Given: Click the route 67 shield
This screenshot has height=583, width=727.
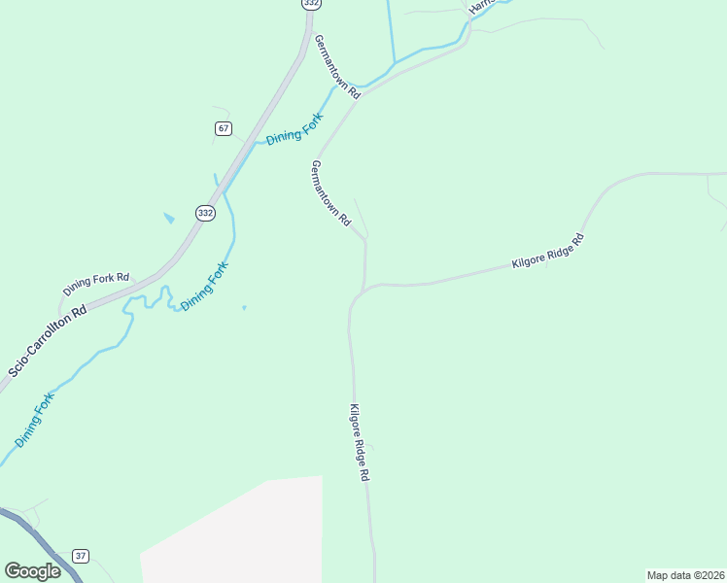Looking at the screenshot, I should click(224, 128).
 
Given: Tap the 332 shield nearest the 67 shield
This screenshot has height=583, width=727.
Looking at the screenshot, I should click(204, 213).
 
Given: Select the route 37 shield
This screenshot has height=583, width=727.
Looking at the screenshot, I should click(81, 556).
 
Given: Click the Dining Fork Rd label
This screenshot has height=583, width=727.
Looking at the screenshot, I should click(96, 284).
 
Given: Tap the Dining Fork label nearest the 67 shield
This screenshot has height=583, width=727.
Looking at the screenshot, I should click(294, 129).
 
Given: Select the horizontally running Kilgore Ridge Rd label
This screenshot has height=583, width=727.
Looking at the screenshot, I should click(547, 251).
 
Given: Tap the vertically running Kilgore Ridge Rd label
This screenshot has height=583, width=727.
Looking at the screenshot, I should click(360, 443).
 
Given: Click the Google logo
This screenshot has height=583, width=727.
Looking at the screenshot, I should click(32, 571).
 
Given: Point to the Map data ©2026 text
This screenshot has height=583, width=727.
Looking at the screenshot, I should click(685, 575).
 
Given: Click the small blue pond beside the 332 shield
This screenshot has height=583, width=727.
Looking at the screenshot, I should click(169, 218).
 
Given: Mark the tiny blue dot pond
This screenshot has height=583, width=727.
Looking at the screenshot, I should click(243, 308).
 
